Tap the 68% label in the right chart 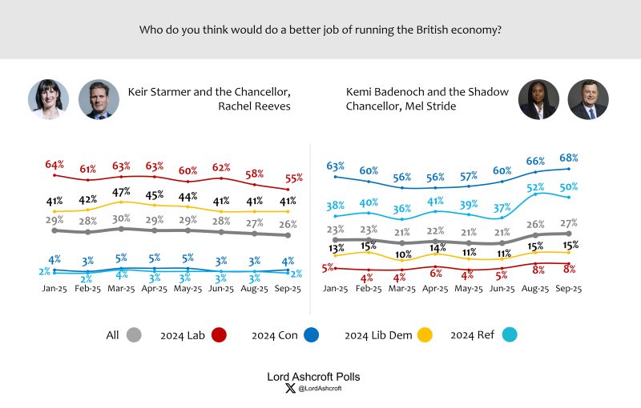[x=569, y=158]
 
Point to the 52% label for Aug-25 [x=536, y=187]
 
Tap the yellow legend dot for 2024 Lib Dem [x=425, y=335]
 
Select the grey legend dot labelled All [x=134, y=335]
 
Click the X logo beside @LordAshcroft [x=290, y=388]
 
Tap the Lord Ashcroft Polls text [x=320, y=375]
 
